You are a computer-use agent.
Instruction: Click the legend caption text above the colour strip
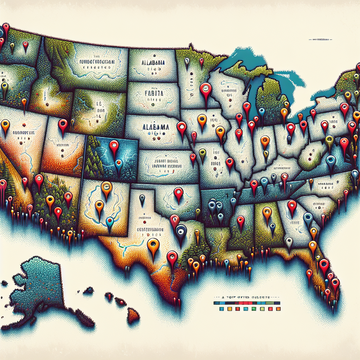[243, 297]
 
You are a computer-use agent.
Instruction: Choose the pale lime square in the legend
[262, 309]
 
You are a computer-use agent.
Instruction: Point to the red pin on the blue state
[114, 146]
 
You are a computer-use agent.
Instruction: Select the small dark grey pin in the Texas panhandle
[142, 199]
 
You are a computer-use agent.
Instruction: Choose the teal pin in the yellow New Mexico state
[110, 222]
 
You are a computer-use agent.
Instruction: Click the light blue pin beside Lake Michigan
[262, 112]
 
